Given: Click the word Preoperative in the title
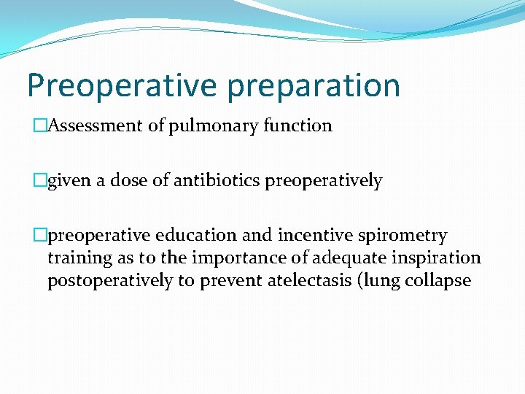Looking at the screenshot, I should [122, 85].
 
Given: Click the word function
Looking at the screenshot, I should [297, 126].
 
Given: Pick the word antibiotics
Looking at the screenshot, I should [218, 181].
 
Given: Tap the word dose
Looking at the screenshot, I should [128, 181].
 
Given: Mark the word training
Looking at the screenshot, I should [74, 258].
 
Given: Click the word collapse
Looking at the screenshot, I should [437, 281].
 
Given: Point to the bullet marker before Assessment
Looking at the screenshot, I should [42, 126].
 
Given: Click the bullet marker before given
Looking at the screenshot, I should [42, 181].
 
